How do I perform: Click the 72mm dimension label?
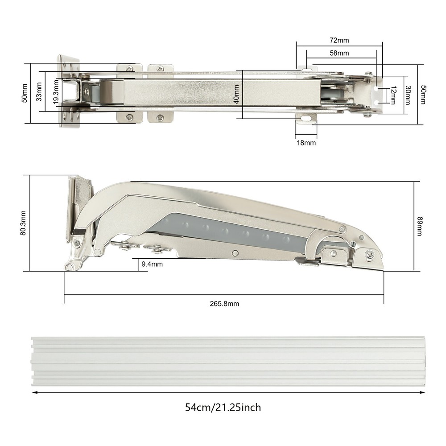(339, 41)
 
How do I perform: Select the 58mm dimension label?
(339, 53)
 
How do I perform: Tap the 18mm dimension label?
(306, 143)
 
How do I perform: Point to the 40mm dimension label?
(236, 95)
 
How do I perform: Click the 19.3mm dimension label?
(56, 91)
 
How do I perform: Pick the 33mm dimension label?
(39, 91)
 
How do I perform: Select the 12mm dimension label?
(393, 95)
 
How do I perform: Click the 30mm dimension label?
(408, 95)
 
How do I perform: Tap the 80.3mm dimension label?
(23, 223)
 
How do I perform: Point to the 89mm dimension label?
(420, 226)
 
